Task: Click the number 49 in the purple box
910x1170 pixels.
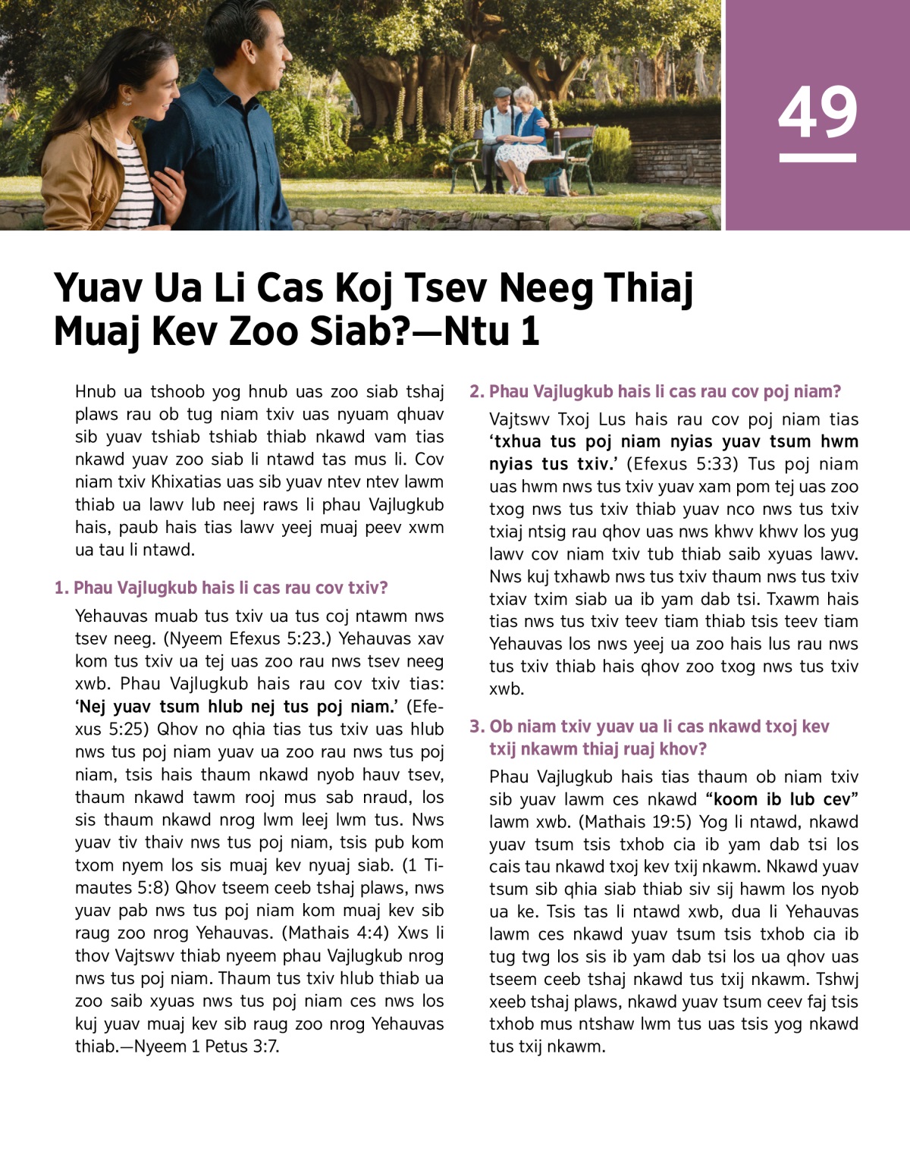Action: (817, 112)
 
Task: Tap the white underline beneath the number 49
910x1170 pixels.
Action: (817, 158)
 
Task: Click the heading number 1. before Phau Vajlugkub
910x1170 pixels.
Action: (61, 588)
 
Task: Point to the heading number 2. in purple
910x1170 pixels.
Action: (477, 391)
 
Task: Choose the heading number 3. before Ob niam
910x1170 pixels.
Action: (477, 726)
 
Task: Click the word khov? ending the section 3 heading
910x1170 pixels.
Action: (681, 749)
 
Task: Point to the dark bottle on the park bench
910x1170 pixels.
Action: (557, 140)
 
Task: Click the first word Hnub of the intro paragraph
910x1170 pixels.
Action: (96, 391)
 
